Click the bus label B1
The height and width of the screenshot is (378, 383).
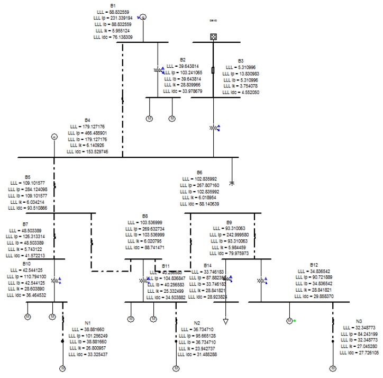tap(113, 5)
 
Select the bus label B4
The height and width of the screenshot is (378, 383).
tap(88, 120)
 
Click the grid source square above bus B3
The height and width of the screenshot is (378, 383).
tap(214, 37)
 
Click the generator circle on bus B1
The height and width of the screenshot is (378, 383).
tap(143, 17)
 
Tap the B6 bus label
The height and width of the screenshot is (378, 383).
tap(199, 173)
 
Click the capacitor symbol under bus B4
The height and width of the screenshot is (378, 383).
tap(231, 183)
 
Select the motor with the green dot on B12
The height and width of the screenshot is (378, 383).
tap(289, 320)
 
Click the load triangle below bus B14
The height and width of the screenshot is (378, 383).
tap(226, 320)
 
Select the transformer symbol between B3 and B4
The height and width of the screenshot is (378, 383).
tap(214, 128)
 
